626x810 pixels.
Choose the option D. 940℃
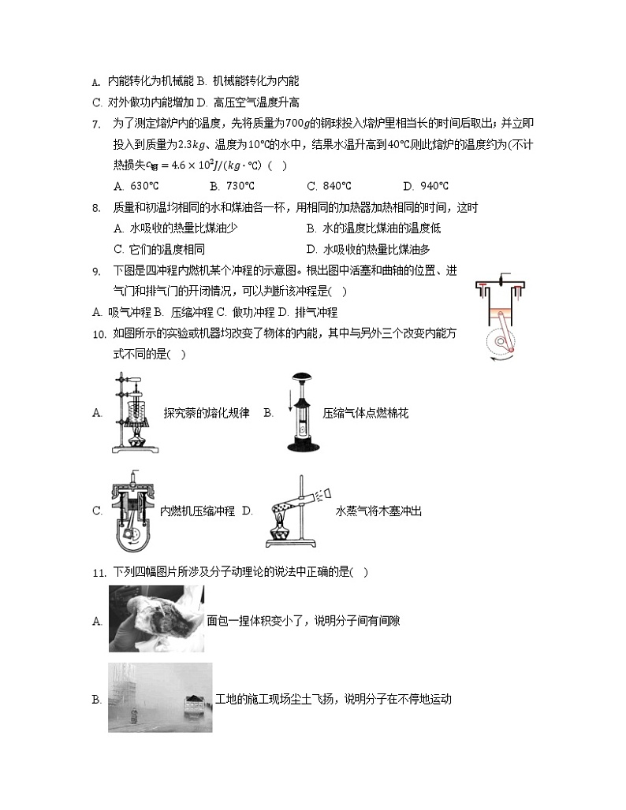click(x=425, y=187)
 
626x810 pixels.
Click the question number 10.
click(x=99, y=334)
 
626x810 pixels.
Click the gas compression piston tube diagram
click(x=300, y=412)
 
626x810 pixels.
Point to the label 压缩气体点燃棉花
click(x=366, y=413)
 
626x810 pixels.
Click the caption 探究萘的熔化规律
click(x=206, y=413)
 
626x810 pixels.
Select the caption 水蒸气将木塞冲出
click(x=378, y=511)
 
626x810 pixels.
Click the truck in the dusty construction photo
click(x=193, y=702)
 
